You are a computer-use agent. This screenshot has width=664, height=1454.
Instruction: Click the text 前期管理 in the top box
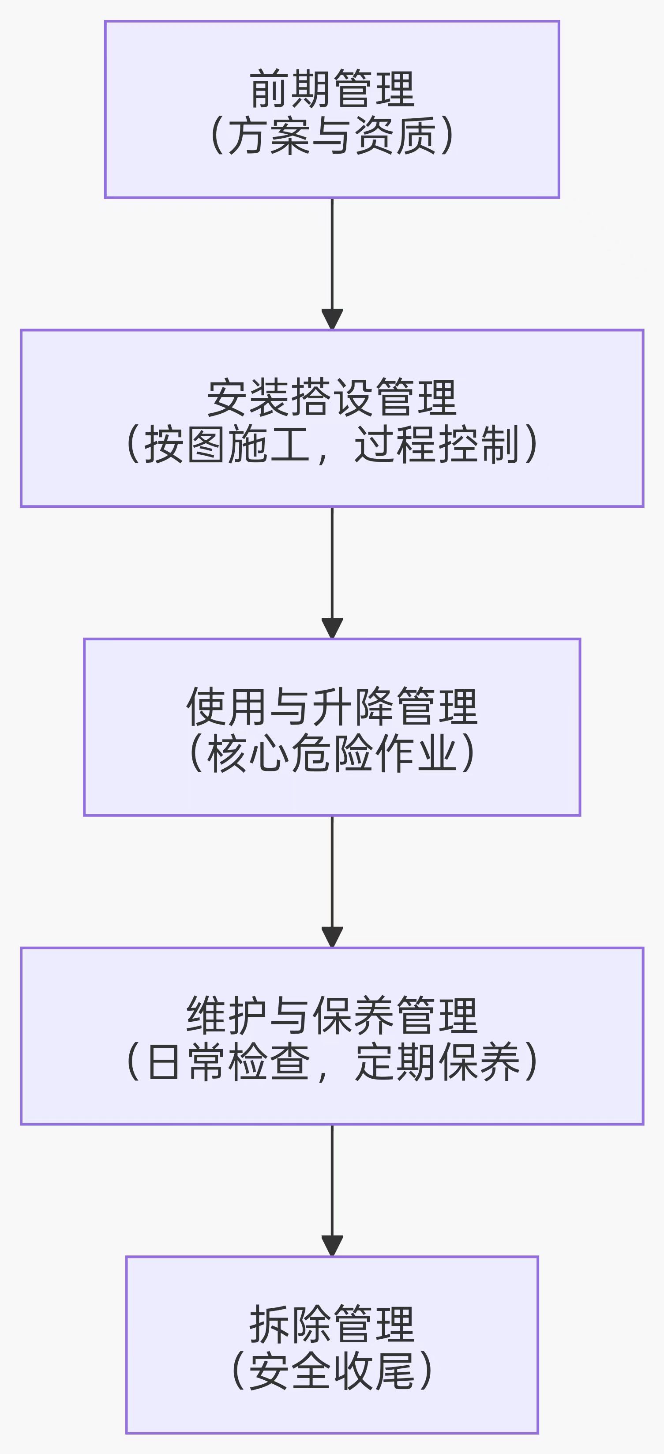click(332, 89)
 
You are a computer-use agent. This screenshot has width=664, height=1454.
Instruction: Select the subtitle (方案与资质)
click(332, 136)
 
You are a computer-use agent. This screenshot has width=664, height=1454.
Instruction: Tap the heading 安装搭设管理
click(332, 397)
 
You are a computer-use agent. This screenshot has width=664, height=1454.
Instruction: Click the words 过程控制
click(436, 445)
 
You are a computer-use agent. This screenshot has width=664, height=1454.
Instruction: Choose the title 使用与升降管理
click(332, 706)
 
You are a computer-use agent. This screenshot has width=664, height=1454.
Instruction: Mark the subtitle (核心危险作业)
click(332, 754)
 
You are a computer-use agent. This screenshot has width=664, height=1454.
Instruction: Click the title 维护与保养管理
click(332, 1015)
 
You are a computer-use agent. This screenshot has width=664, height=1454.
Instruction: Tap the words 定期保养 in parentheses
click(436, 1062)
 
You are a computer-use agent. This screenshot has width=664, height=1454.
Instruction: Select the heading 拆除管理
click(332, 1324)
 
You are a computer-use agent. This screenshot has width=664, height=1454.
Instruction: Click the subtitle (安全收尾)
click(332, 1371)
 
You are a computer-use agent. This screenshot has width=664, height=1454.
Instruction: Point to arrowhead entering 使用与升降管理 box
click(332, 628)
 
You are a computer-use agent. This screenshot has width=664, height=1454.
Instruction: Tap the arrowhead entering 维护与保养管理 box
click(332, 937)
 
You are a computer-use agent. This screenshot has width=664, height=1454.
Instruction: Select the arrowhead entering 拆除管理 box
click(332, 1246)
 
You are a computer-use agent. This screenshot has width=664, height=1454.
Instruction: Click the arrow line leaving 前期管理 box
click(332, 254)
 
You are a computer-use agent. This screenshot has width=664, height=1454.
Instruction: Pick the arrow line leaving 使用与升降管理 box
click(332, 872)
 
